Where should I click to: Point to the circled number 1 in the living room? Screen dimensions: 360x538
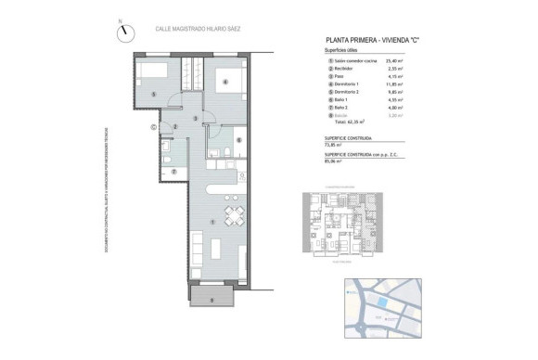click(x=214, y=221)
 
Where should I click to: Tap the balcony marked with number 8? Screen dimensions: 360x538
click(x=212, y=298)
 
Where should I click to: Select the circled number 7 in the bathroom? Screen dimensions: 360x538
click(x=173, y=173)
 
